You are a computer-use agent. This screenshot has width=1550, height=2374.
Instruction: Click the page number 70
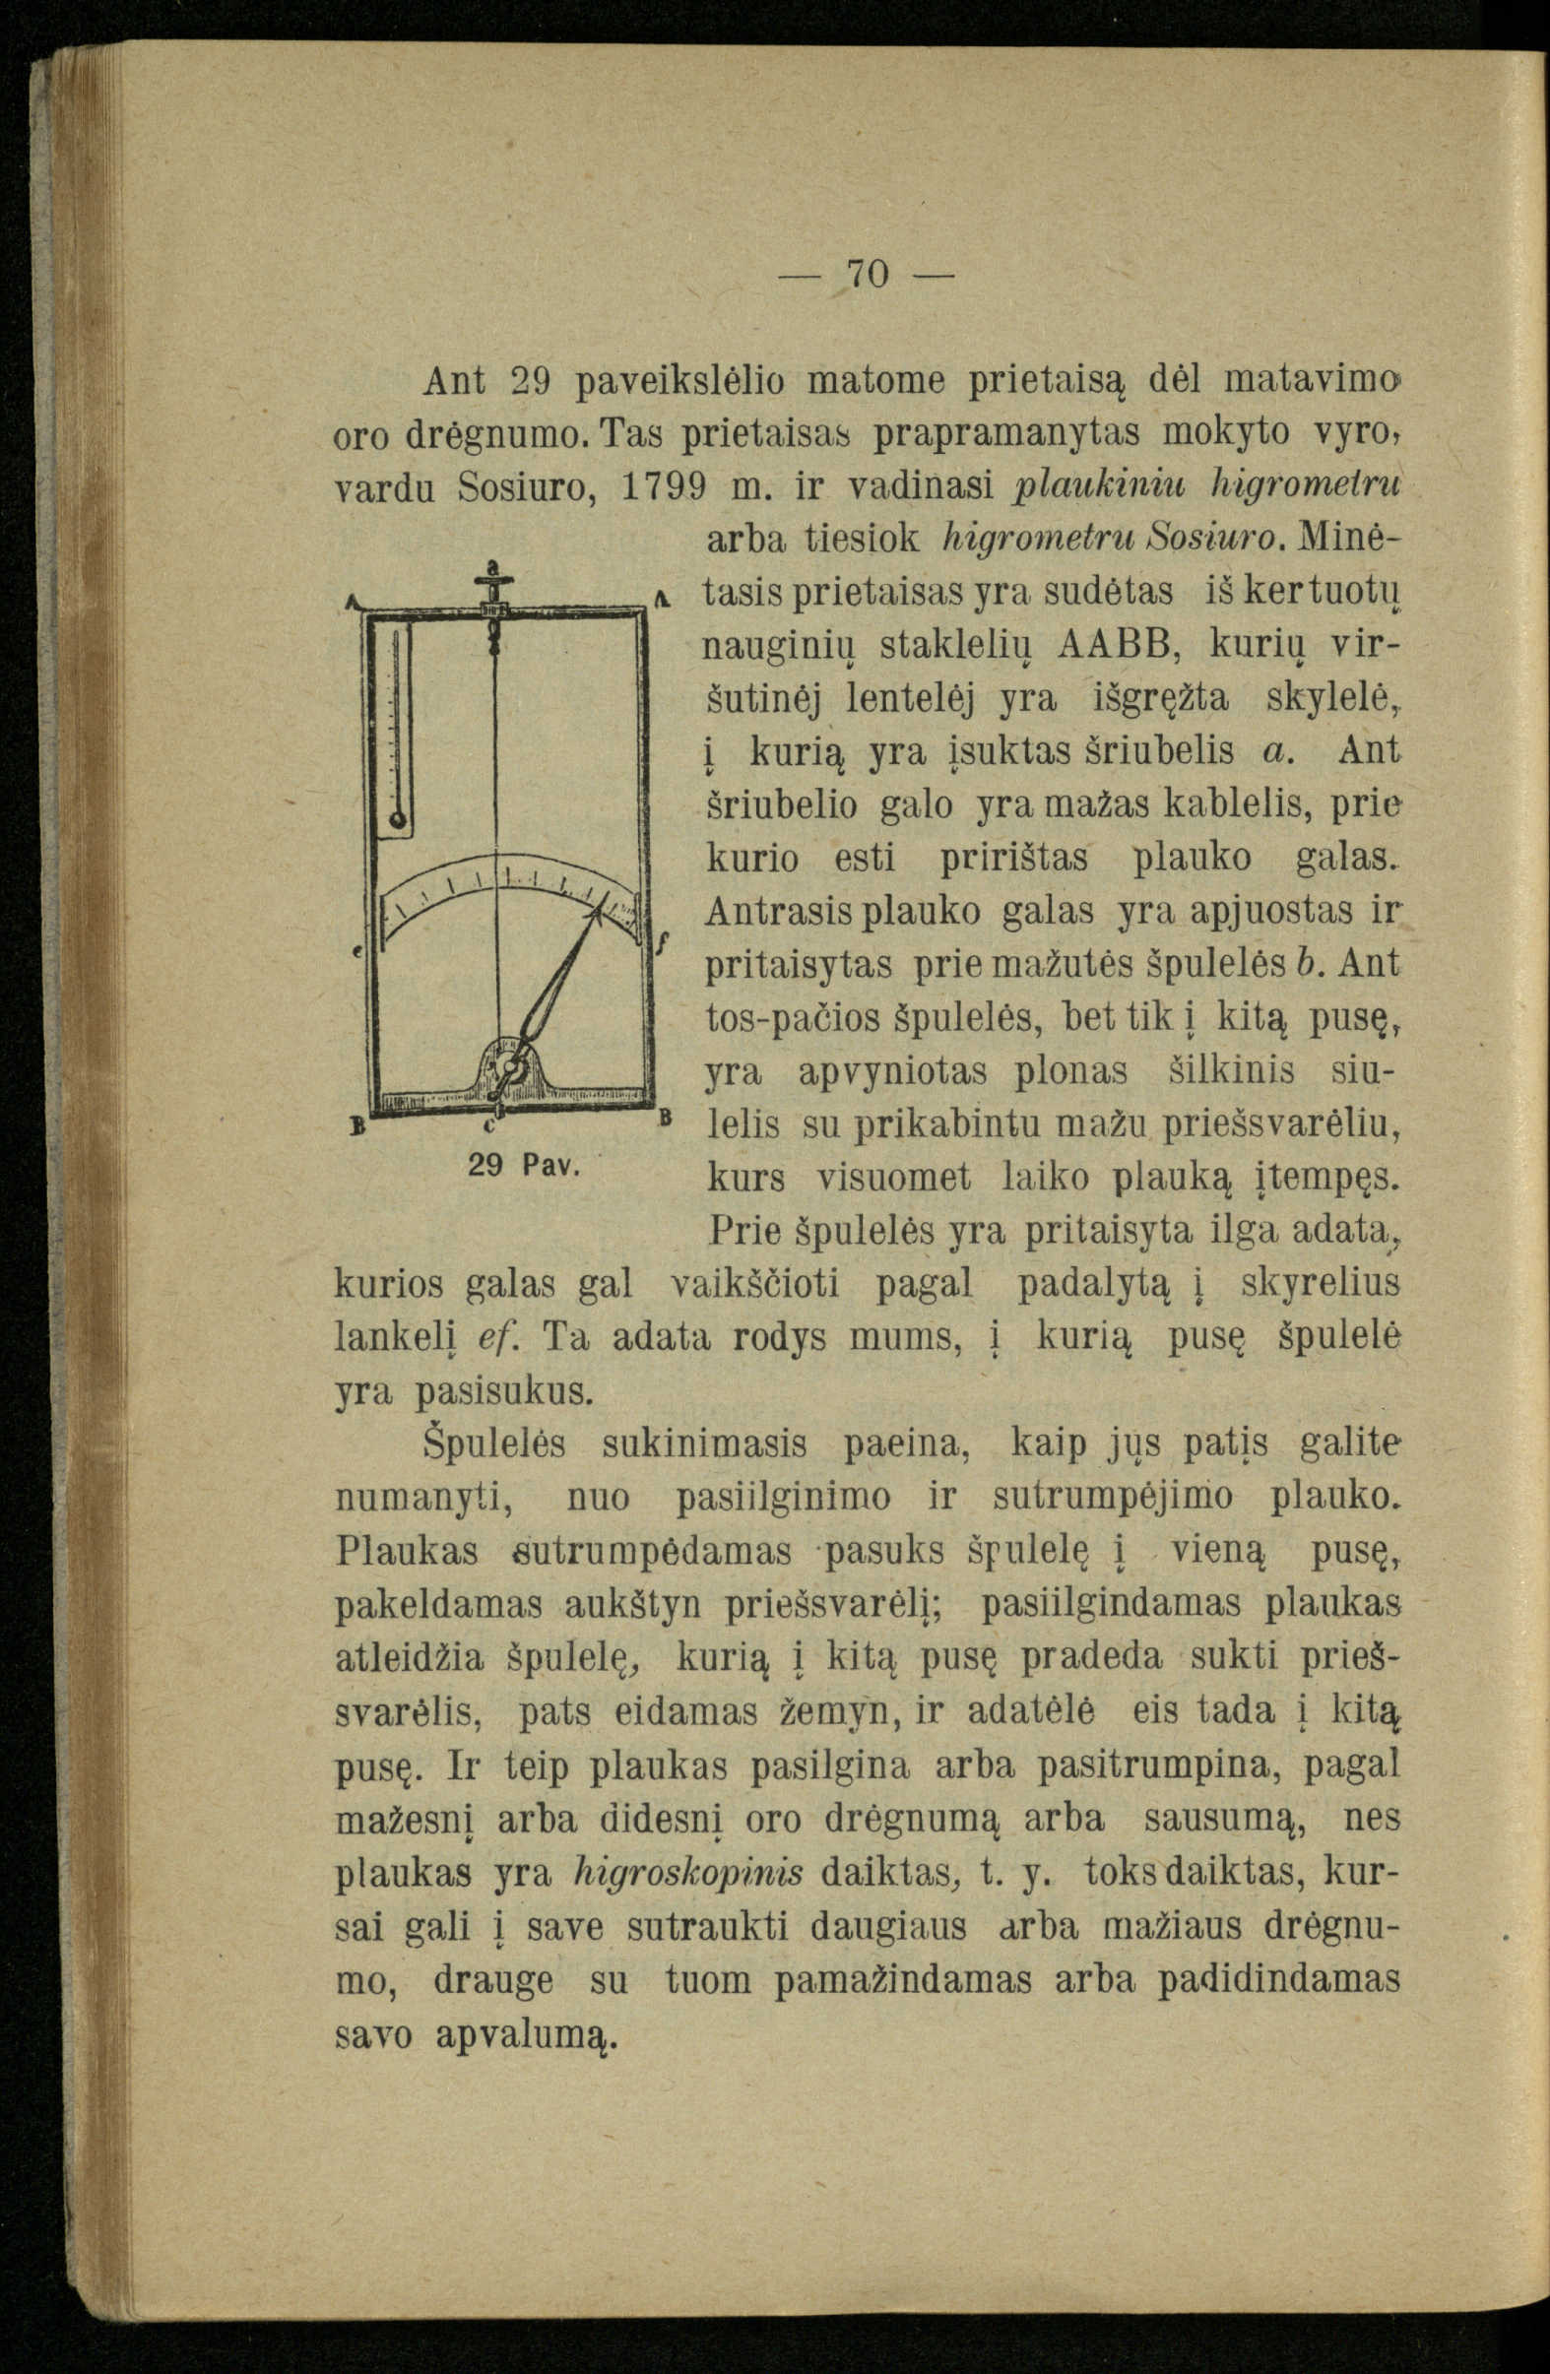(x=867, y=274)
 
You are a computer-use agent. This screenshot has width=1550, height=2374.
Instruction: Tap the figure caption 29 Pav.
(x=518, y=1164)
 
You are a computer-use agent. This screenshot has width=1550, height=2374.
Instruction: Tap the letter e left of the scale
(x=356, y=953)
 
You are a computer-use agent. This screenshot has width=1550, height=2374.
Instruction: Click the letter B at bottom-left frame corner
(x=356, y=1125)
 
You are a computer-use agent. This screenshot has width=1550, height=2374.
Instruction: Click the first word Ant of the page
(x=455, y=380)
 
